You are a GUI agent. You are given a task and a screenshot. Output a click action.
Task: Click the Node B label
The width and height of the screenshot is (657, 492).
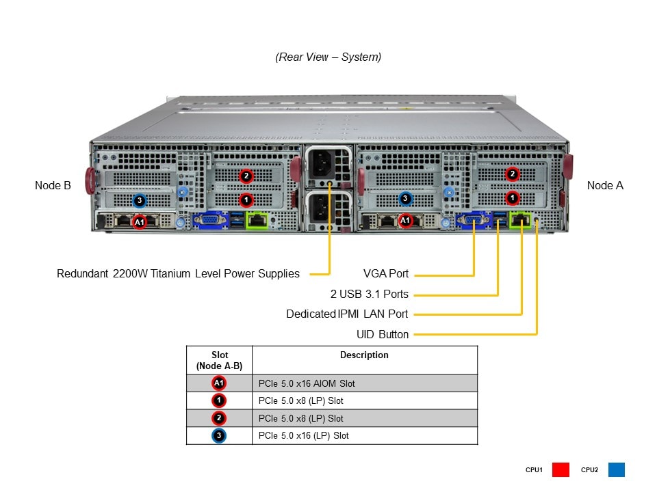(x=53, y=185)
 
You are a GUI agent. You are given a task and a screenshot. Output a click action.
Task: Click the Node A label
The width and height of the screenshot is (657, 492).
(x=605, y=185)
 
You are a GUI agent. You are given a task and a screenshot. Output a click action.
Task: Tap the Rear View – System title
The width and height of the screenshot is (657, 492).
(x=328, y=57)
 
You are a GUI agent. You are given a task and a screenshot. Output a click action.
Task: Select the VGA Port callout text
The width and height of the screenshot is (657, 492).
(x=386, y=274)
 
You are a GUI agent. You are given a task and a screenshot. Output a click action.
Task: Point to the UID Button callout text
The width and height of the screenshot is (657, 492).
(x=383, y=335)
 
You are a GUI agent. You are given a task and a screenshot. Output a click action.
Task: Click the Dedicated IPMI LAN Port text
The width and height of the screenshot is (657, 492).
(x=347, y=314)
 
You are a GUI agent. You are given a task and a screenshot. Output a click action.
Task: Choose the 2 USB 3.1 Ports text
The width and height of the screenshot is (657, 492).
(x=369, y=295)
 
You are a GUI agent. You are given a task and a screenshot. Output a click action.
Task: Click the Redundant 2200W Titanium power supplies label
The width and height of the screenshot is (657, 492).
(x=178, y=274)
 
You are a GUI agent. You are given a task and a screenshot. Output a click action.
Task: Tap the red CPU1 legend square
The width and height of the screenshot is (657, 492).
(x=561, y=470)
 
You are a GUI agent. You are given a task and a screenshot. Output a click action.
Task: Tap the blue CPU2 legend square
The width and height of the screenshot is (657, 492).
(x=616, y=470)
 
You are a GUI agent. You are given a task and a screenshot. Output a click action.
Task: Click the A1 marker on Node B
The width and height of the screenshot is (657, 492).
(x=139, y=222)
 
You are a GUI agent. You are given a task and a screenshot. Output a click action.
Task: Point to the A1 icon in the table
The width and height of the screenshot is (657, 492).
(x=219, y=383)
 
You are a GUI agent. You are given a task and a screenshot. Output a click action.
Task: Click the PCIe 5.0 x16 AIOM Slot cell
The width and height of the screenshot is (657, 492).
(x=307, y=383)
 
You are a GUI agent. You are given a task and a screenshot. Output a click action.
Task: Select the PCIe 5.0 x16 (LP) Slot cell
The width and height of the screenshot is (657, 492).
(x=303, y=436)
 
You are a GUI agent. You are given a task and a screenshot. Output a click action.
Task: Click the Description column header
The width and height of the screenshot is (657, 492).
(x=364, y=355)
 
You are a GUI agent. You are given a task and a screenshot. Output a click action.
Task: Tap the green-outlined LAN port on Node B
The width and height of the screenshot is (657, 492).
(x=257, y=220)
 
